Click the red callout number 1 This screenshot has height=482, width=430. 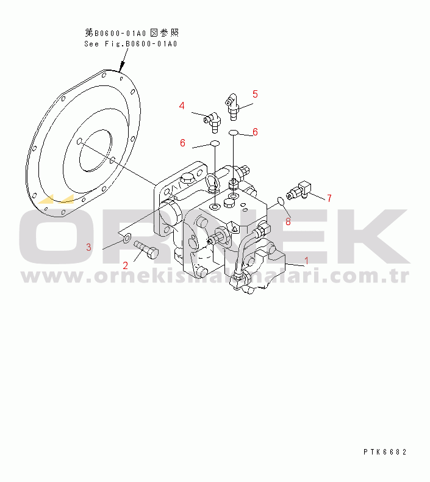(306, 261)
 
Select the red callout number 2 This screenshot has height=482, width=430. (125, 265)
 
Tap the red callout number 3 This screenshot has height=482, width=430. (88, 247)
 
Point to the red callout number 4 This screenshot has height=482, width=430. (182, 106)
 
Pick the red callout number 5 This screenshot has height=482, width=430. (255, 94)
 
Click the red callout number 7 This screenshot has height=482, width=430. (329, 198)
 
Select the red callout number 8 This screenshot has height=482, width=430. (288, 221)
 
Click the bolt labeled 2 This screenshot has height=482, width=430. (146, 250)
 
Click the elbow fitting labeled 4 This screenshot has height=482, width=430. (212, 121)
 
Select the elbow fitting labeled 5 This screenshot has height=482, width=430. (233, 107)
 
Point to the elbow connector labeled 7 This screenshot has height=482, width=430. (299, 190)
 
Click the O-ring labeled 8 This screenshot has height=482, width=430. (281, 201)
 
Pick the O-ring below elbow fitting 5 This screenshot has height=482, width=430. (234, 132)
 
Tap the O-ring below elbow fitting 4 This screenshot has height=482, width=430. (215, 143)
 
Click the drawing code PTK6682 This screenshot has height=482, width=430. (385, 451)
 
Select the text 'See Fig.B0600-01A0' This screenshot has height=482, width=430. (131, 44)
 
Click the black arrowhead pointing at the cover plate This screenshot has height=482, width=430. (123, 65)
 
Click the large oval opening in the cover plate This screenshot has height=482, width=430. (95, 150)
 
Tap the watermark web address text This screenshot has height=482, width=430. (215, 276)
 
